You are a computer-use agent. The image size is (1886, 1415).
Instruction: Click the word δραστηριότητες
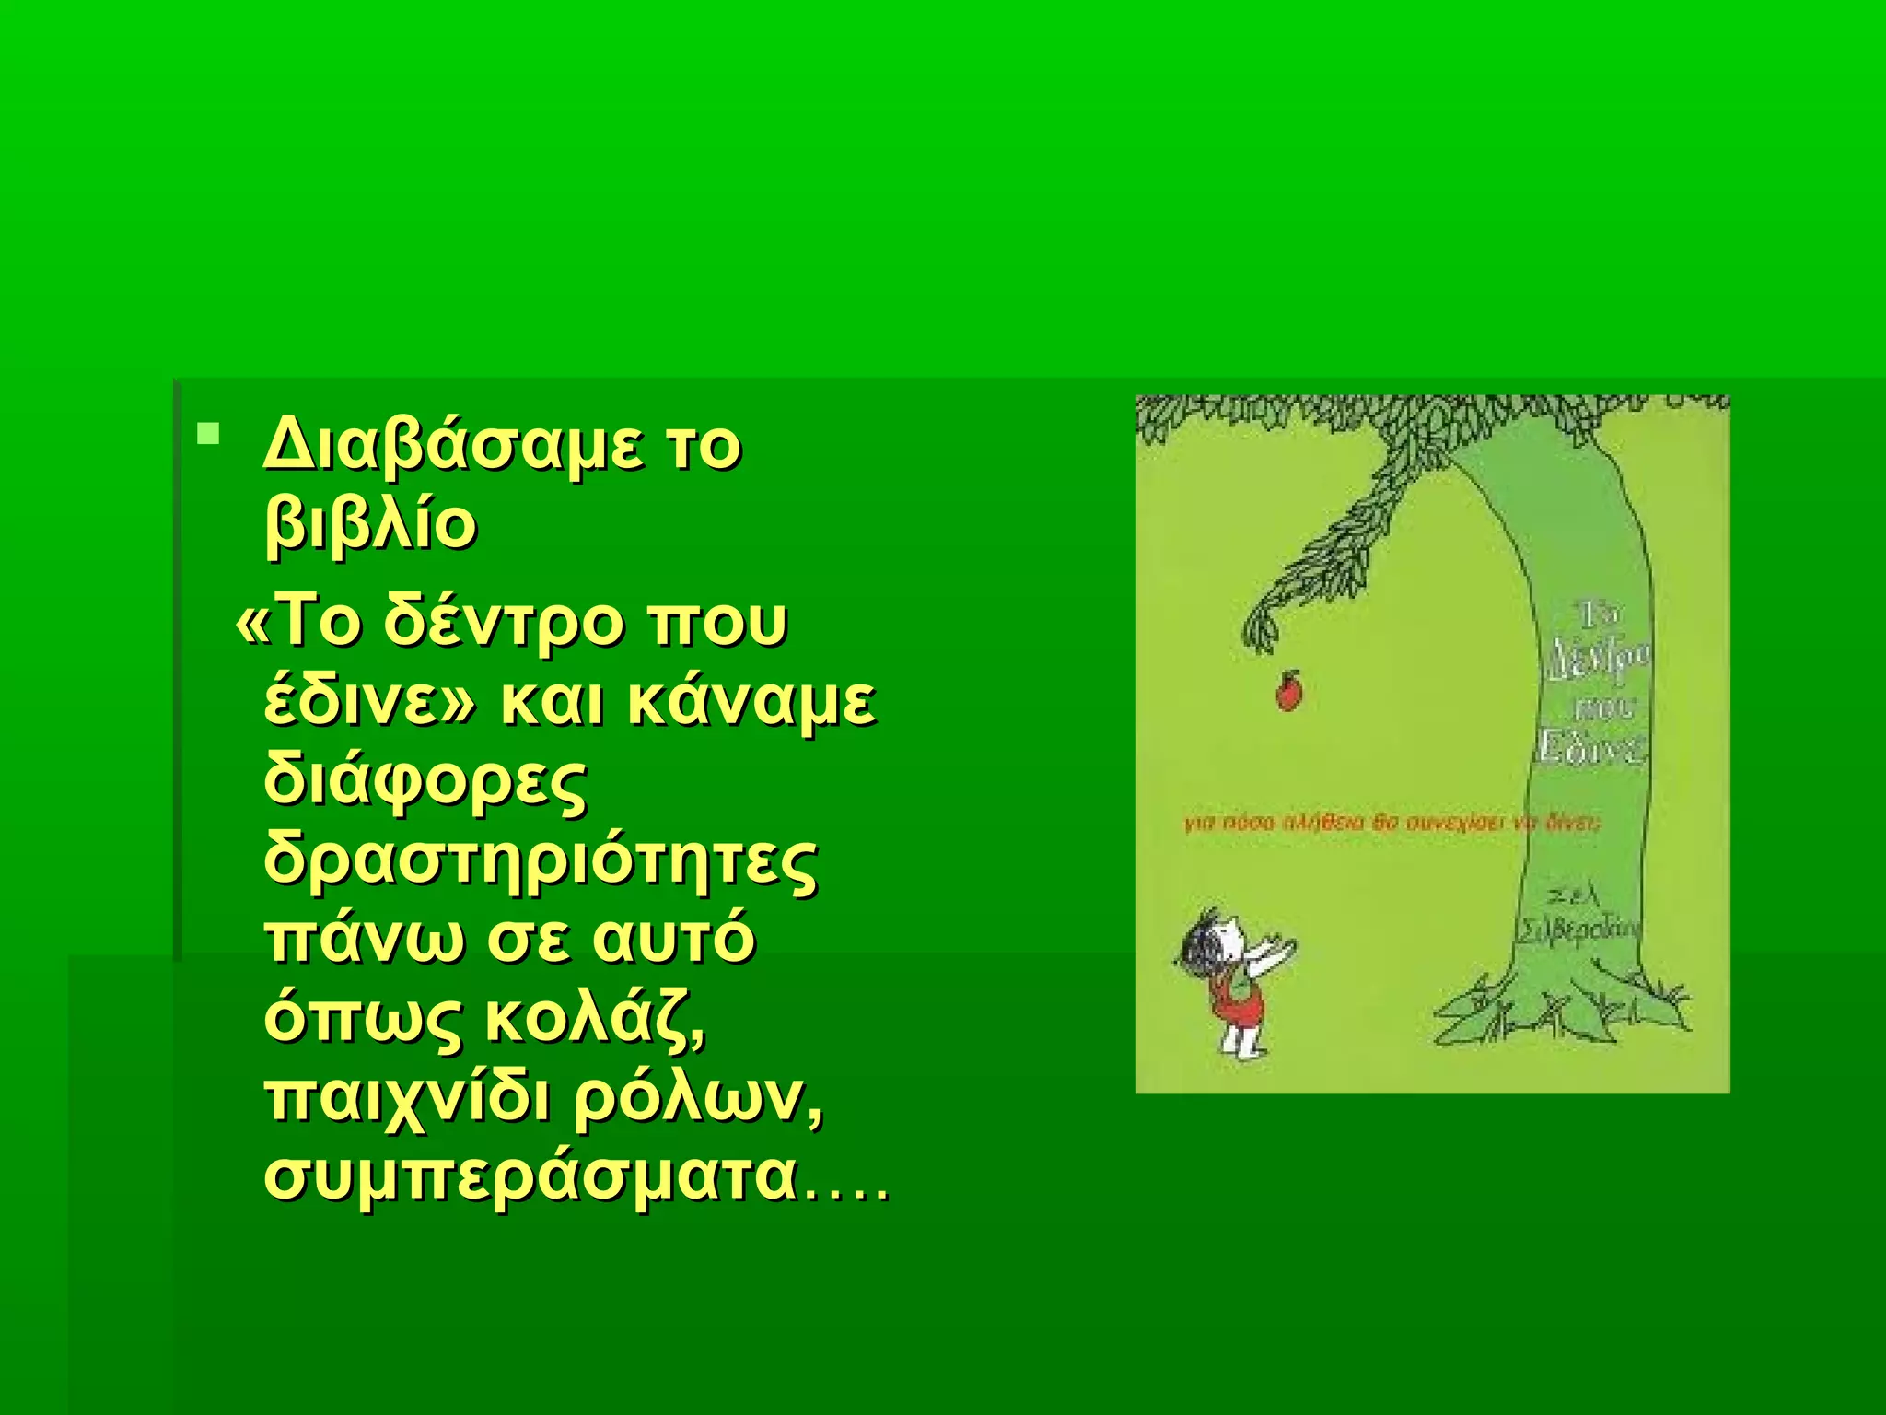tap(541, 862)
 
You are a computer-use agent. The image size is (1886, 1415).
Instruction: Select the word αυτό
tap(674, 941)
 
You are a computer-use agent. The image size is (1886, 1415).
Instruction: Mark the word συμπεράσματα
tap(531, 1178)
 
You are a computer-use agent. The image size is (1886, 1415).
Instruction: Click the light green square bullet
tap(209, 432)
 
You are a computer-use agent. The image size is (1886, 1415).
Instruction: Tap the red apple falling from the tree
tap(1288, 691)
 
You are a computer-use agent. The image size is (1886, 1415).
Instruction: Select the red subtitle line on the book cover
tap(1392, 823)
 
